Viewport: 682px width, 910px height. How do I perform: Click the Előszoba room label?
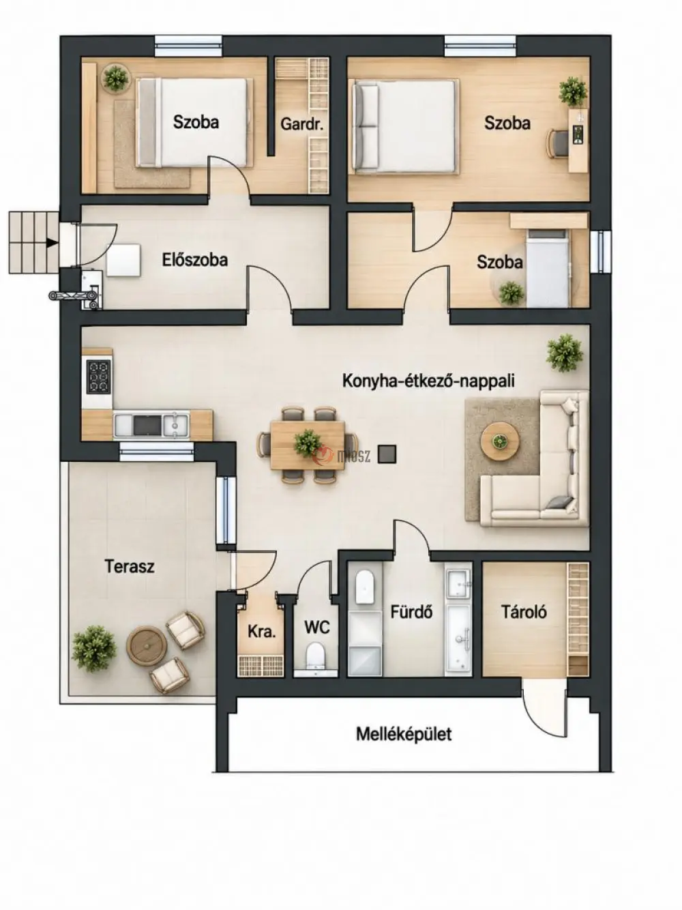[x=195, y=260]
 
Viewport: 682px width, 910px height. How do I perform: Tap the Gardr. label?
[x=301, y=124]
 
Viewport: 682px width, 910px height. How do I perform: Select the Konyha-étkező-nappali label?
[x=428, y=381]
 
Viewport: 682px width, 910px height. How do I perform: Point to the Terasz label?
[x=130, y=566]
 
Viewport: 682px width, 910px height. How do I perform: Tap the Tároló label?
[x=524, y=612]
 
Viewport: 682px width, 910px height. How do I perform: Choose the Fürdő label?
[x=411, y=612]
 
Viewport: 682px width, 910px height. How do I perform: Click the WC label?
[x=317, y=628]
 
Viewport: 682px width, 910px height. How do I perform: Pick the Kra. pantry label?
[x=261, y=632]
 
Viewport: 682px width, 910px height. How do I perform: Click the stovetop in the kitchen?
[x=98, y=377]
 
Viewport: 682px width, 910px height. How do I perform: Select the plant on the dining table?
[x=308, y=443]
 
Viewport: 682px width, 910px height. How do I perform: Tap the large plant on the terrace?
[x=94, y=649]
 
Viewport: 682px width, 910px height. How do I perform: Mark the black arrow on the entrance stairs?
[x=52, y=243]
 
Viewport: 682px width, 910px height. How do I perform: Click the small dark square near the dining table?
[x=387, y=454]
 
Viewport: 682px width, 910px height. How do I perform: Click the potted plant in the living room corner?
[x=564, y=353]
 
